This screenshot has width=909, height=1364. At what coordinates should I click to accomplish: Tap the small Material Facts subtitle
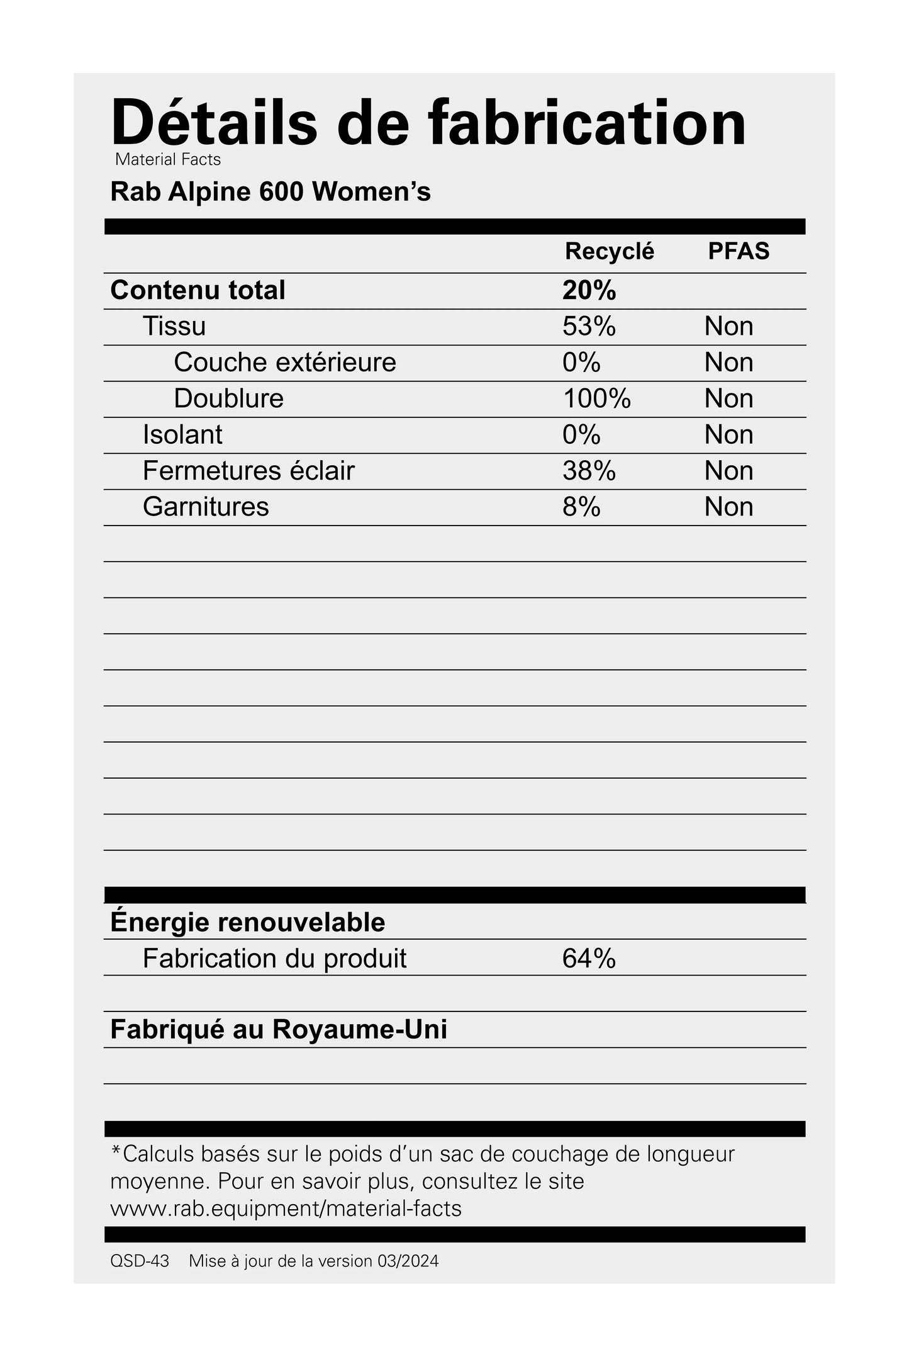[x=168, y=160]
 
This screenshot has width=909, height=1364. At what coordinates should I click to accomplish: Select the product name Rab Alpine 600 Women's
[x=270, y=192]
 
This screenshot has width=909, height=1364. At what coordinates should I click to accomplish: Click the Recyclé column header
[x=609, y=251]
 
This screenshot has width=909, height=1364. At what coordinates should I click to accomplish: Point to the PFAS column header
[x=739, y=251]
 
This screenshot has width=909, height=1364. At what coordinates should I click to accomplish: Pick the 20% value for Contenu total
[x=589, y=290]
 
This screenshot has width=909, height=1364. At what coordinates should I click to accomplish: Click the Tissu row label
[x=174, y=326]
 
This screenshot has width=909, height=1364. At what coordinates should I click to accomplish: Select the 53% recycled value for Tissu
[x=589, y=326]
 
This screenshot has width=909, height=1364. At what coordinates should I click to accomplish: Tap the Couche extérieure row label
[x=285, y=363]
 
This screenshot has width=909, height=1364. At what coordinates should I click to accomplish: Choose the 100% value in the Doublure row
[x=596, y=398]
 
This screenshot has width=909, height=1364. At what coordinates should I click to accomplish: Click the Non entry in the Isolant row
[x=728, y=435]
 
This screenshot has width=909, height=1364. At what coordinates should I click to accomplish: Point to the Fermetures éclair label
[x=248, y=471]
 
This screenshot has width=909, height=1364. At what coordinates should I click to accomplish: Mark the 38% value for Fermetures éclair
[x=589, y=471]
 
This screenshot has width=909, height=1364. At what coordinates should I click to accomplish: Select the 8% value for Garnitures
[x=581, y=507]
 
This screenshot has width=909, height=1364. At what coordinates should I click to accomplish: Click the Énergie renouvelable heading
[x=247, y=922]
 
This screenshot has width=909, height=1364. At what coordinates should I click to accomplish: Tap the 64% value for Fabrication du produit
[x=589, y=959]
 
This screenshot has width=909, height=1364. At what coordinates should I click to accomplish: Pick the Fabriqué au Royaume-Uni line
[x=279, y=1030]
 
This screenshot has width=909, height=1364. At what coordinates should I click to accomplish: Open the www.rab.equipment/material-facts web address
[x=286, y=1209]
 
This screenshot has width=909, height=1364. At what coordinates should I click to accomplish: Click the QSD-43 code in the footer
[x=140, y=1261]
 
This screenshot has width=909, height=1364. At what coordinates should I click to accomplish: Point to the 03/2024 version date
[x=408, y=1261]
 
